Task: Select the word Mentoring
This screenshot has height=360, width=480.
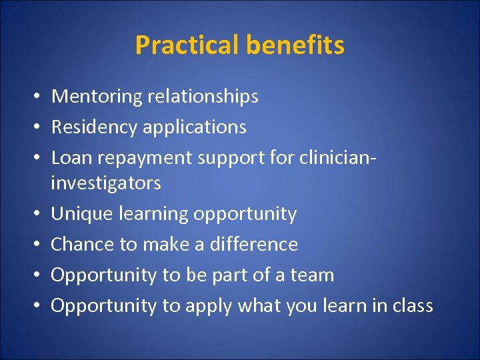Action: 97,97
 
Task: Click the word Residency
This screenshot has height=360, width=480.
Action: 95,127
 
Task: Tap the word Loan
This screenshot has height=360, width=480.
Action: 67,158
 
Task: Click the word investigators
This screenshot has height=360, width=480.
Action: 106,183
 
